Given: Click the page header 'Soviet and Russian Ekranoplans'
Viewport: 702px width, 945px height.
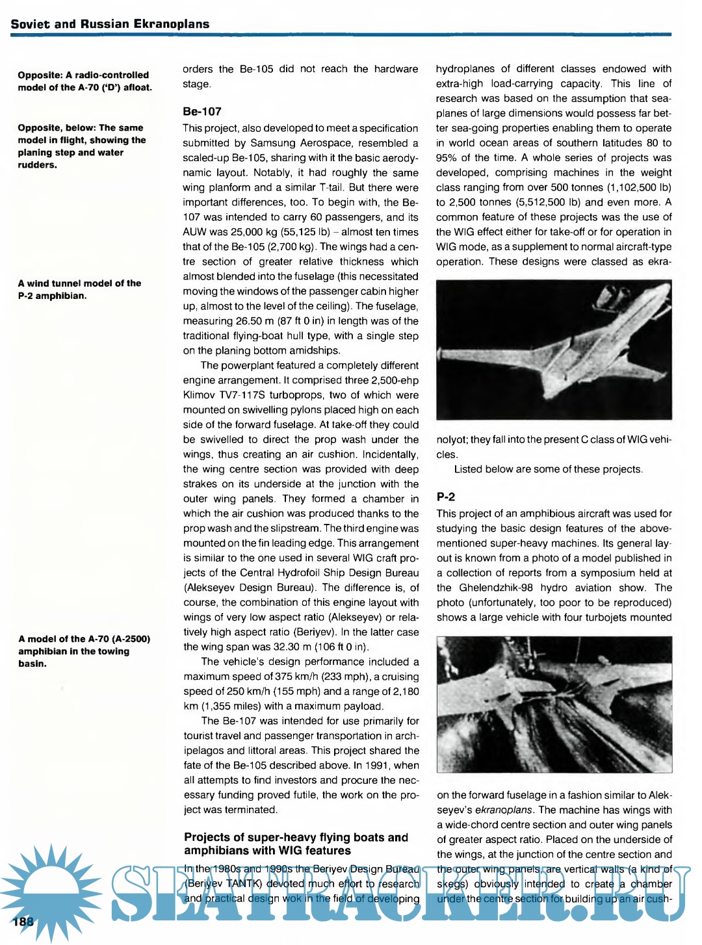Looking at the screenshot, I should [x=110, y=24].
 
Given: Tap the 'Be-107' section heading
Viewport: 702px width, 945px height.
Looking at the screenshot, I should [x=202, y=111].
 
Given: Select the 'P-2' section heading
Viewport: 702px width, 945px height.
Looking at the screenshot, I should [x=446, y=497].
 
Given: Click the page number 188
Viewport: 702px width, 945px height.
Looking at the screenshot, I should [x=22, y=922].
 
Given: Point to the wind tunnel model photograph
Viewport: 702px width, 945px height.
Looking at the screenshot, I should [x=554, y=349].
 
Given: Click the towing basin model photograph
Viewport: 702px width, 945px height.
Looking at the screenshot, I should [x=554, y=704].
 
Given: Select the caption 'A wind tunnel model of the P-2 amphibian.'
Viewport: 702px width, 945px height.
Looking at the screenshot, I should [x=79, y=289].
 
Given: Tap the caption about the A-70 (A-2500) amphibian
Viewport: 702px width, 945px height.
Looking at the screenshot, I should [x=84, y=651].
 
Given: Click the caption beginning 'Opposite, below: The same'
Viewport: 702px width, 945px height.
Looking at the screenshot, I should [x=81, y=146].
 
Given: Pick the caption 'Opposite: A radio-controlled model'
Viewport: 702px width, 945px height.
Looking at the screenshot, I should [x=84, y=81].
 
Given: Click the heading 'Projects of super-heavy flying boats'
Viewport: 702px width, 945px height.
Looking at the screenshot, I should [x=296, y=844].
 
